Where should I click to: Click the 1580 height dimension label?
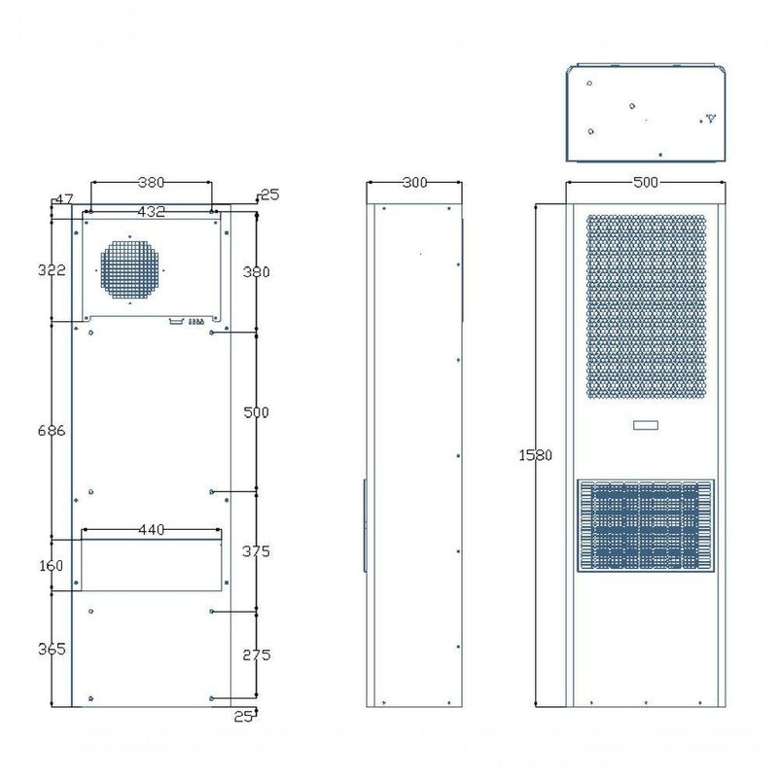coord(535,454)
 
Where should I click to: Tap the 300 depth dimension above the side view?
coord(415,183)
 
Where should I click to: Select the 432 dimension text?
coord(151,212)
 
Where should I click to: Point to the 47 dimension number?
coord(64,199)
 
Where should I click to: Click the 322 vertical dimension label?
coord(52,270)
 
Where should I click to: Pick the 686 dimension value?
coord(52,430)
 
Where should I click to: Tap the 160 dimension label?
coord(52,565)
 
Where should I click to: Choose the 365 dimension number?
coord(52,649)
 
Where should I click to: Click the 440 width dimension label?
coord(152,530)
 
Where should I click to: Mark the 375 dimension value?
coord(256,551)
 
